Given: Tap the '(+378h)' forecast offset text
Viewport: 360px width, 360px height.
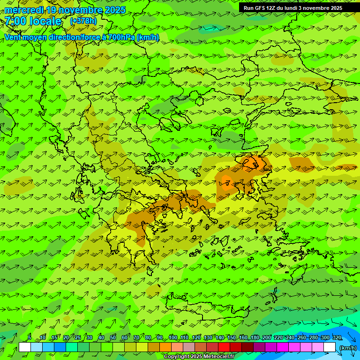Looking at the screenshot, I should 83,21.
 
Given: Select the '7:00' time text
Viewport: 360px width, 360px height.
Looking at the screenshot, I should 15,21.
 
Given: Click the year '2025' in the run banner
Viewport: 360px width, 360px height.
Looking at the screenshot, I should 334,8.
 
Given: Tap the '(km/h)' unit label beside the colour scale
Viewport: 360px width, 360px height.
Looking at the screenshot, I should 347,348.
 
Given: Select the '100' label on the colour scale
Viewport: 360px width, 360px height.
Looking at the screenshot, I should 173,337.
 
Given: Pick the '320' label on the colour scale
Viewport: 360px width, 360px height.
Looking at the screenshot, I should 337,337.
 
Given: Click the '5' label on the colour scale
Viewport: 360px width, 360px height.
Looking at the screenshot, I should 30,337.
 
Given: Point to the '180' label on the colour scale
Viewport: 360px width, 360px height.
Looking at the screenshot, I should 255,337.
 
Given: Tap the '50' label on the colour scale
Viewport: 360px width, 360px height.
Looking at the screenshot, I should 113,337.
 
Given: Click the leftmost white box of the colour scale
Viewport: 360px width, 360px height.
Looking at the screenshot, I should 25,347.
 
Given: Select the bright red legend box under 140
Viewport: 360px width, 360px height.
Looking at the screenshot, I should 224,347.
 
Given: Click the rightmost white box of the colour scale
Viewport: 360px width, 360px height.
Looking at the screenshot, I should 330,347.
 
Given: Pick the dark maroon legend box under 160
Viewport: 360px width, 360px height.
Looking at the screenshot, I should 247,347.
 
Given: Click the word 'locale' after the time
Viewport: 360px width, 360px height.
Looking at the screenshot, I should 45,21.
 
